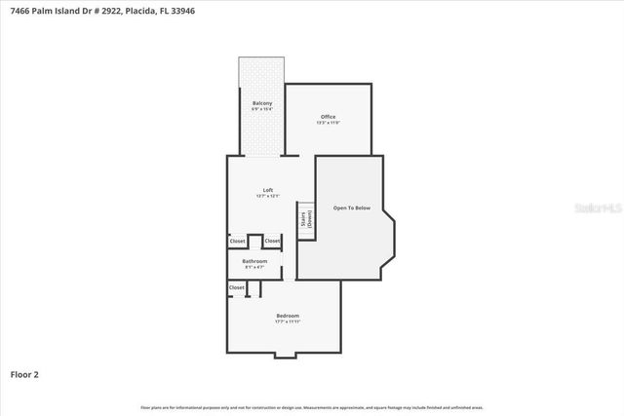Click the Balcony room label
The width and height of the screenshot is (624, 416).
click(x=261, y=103)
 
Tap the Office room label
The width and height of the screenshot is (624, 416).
click(x=329, y=117)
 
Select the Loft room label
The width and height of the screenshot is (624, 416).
click(x=268, y=190)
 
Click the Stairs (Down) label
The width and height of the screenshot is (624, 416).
click(x=306, y=220)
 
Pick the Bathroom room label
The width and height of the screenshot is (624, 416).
click(x=255, y=261)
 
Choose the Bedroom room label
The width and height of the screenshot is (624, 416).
click(x=288, y=316)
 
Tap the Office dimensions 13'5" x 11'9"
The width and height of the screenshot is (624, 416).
click(x=329, y=123)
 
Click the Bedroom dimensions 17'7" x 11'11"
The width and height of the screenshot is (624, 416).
click(x=288, y=321)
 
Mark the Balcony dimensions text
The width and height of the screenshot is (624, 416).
click(x=261, y=109)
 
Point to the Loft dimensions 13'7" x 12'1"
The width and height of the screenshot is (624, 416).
click(x=268, y=197)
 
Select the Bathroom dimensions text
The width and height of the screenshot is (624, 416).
click(x=255, y=267)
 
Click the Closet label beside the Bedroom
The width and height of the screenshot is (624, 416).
click(x=237, y=287)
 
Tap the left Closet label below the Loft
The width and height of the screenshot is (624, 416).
click(x=237, y=241)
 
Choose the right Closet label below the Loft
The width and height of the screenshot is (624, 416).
click(x=272, y=241)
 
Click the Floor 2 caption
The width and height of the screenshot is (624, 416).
click(x=24, y=373)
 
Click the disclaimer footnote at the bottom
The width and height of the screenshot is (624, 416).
click(x=312, y=407)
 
